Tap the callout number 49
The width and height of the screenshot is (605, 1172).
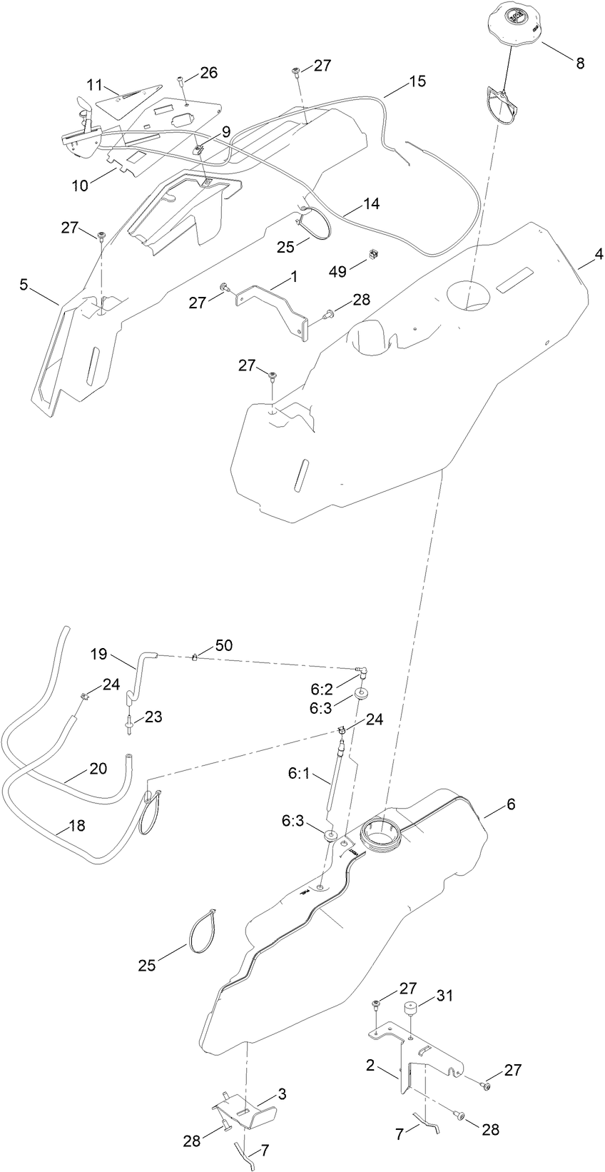[x=337, y=271]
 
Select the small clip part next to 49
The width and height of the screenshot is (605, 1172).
[x=372, y=254]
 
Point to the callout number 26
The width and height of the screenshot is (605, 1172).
[x=208, y=72]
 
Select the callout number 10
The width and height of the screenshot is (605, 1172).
[x=80, y=186]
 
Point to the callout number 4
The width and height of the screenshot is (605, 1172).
[x=599, y=253]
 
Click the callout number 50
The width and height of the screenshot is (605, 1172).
[x=223, y=645]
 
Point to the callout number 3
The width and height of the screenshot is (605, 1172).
[x=282, y=1093]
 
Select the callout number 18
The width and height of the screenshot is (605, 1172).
[x=76, y=825]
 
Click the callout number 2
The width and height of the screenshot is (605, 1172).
[x=370, y=1066]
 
